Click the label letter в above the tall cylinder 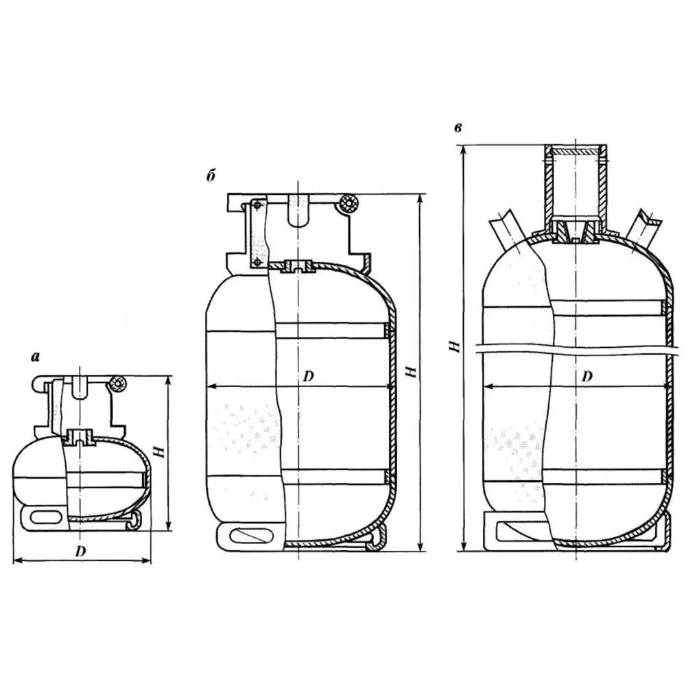click(457, 129)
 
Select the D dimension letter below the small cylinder click(81, 551)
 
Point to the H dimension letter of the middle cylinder click(411, 371)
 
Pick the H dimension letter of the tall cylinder click(454, 348)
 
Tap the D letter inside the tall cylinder click(587, 376)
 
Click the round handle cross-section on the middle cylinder click(349, 204)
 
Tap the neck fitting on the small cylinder click(81, 435)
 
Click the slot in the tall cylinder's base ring click(519, 530)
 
